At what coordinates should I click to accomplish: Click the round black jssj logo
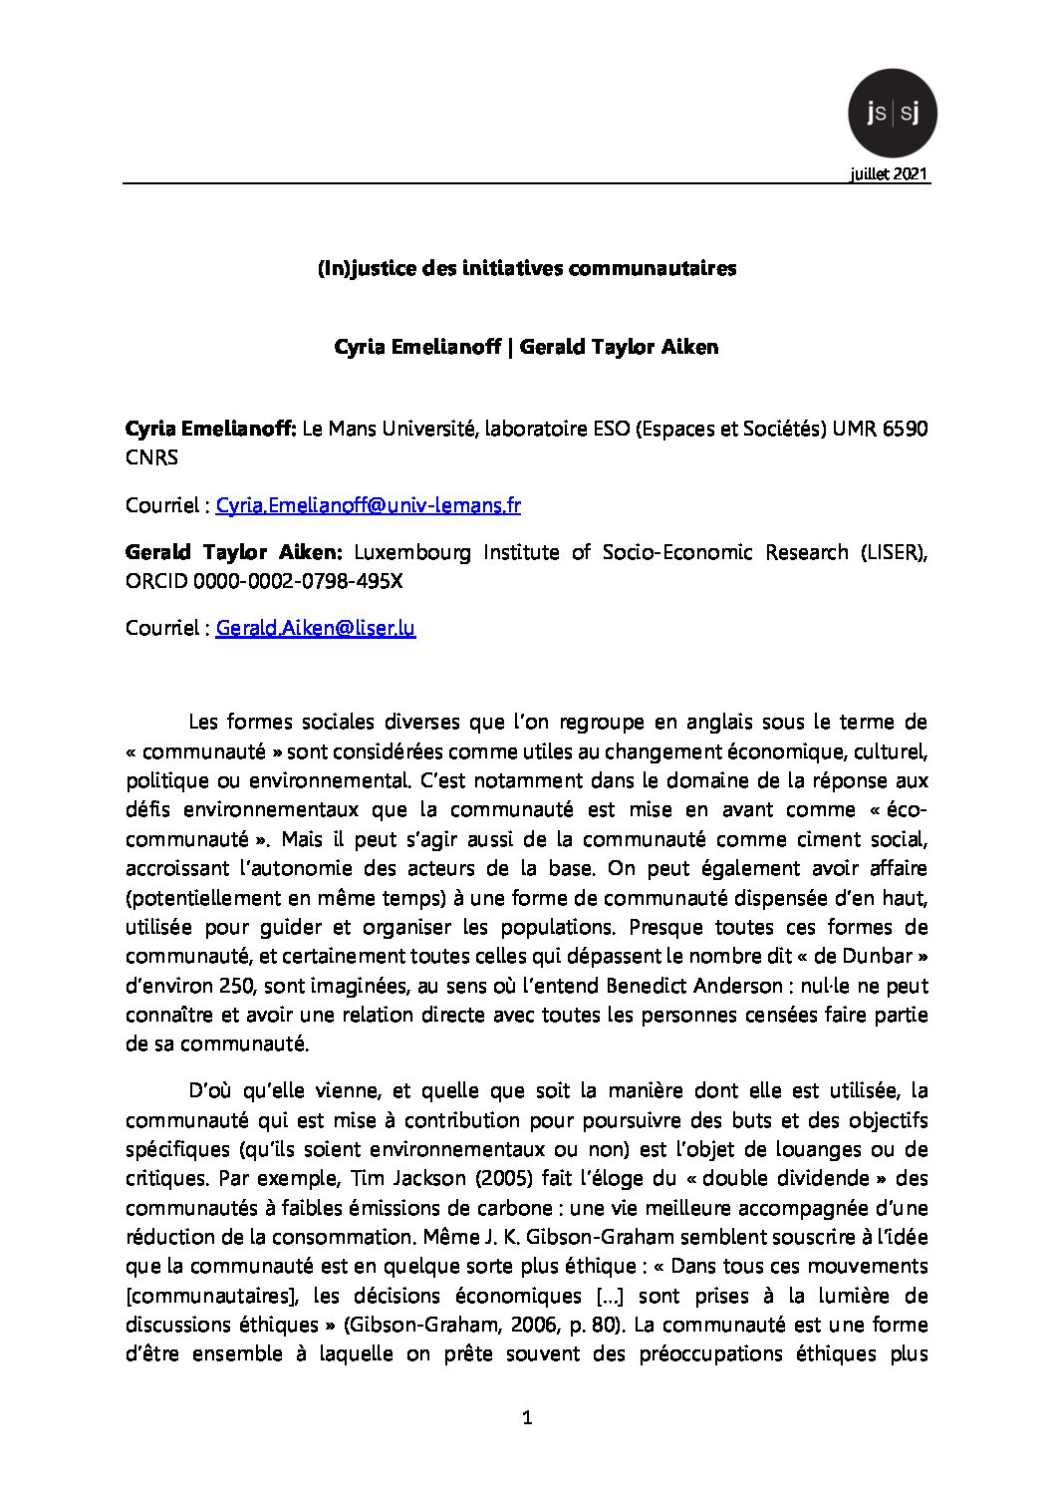coord(892,114)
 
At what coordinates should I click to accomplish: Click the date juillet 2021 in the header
coord(889,174)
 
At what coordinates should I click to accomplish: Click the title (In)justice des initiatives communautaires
coord(527,268)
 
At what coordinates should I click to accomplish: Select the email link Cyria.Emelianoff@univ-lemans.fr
coord(368,505)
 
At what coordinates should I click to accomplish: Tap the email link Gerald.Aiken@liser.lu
coord(315,628)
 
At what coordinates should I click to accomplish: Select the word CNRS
coord(151,458)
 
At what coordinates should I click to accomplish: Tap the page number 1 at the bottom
coord(527,1418)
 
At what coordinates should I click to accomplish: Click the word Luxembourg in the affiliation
coord(412,552)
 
